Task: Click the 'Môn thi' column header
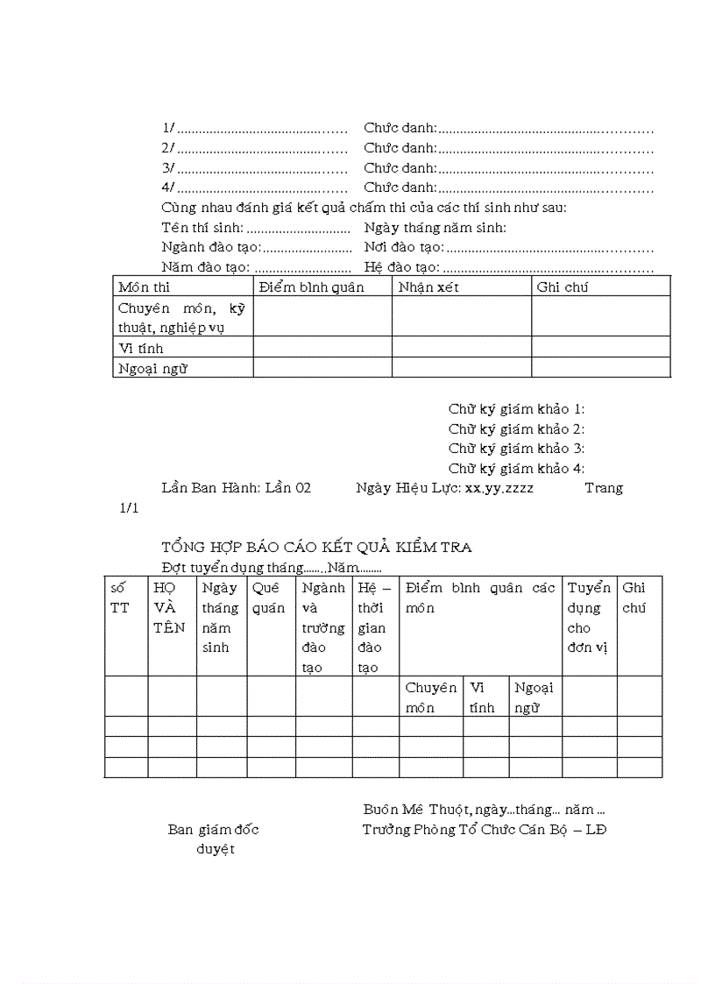145,287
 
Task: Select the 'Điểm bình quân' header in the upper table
311,287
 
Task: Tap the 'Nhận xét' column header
428,287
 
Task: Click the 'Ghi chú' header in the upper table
561,287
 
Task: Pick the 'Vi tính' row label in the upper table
141,348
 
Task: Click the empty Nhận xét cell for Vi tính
461,347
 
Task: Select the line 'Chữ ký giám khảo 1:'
516,408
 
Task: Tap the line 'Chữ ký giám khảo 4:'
516,468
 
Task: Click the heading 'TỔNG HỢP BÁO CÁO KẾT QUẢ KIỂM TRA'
316,547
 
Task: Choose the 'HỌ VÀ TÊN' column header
169,607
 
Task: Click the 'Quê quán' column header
268,598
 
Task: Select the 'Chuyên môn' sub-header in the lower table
430,697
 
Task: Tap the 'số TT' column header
119,598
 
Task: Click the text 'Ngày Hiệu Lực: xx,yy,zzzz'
444,487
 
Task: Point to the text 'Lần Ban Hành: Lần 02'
236,487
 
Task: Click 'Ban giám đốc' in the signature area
213,829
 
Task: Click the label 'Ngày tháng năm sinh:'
435,228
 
